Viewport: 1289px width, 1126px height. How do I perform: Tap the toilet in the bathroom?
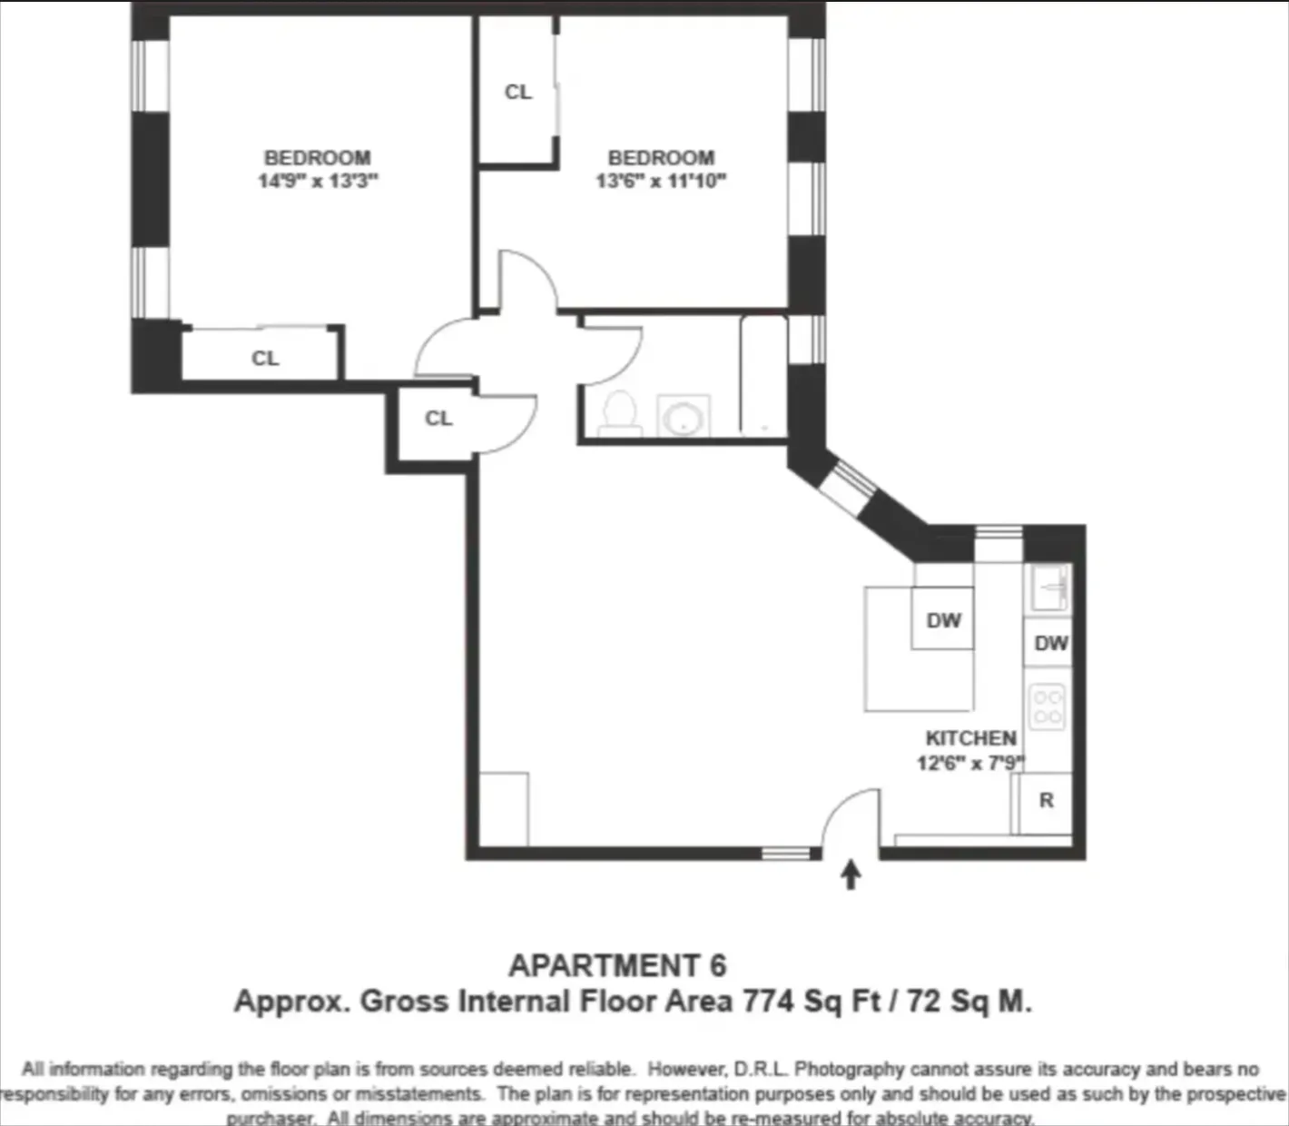point(621,413)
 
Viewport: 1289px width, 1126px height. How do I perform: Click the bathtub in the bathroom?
point(763,376)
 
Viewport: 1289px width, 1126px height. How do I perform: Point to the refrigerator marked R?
point(1046,801)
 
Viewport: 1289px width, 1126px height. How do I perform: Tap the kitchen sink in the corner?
point(1050,588)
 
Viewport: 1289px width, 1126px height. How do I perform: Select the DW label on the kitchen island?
point(943,621)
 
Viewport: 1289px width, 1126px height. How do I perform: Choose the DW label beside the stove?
point(1051,644)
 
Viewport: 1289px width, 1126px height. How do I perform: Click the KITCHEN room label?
point(970,738)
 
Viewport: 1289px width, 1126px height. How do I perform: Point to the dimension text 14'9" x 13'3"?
point(317,181)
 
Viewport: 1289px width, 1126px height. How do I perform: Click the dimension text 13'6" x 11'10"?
point(661,181)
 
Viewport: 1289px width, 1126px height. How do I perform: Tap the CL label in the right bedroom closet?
point(517,92)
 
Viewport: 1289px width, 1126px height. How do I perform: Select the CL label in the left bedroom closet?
point(265,359)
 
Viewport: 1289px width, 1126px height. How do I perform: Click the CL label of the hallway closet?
point(438,419)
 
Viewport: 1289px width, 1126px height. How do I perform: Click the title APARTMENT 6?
point(617,965)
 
